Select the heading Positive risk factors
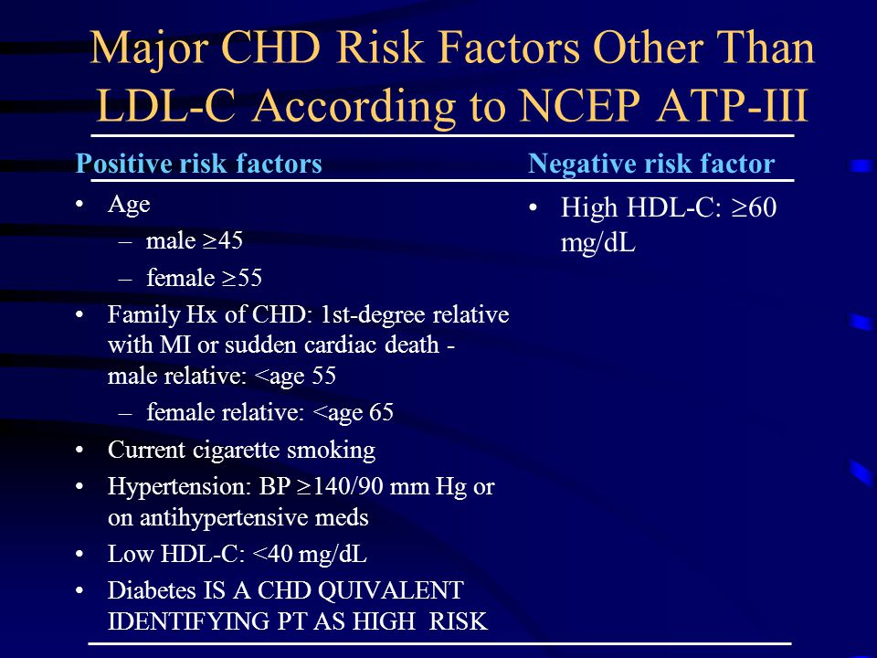(198, 164)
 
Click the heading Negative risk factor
(651, 164)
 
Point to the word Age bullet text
(129, 206)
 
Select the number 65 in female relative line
(381, 413)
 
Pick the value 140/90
(348, 486)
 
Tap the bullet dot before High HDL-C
(535, 208)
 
